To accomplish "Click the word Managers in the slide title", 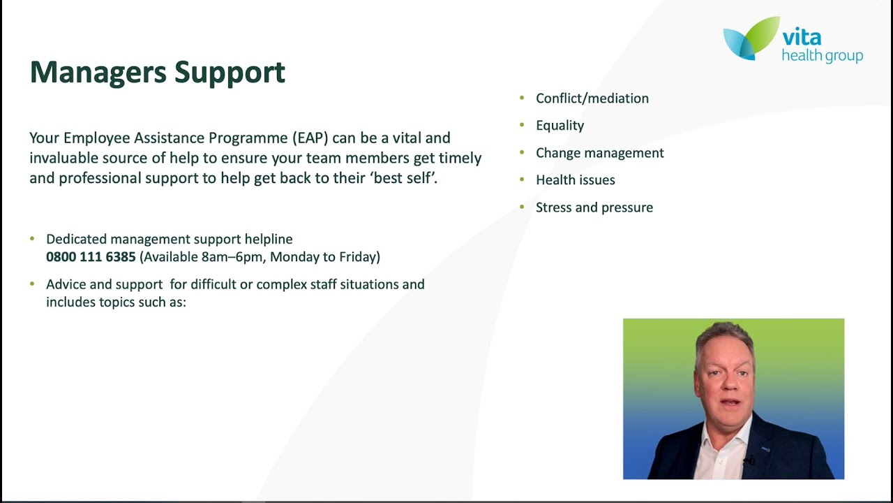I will tap(98, 72).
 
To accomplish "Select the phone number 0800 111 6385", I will tap(91, 257).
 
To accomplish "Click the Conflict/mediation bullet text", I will tap(592, 99).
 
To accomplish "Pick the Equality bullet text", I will tap(560, 126).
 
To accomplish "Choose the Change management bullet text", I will tap(599, 153).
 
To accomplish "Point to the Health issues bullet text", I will tap(575, 180).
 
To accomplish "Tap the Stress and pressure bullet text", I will tap(594, 207).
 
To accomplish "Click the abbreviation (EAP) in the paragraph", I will tap(310, 138).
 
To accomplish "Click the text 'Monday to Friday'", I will tap(324, 257).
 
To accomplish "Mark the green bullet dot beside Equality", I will tap(521, 125).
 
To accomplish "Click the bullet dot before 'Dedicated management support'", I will tap(32, 239).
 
